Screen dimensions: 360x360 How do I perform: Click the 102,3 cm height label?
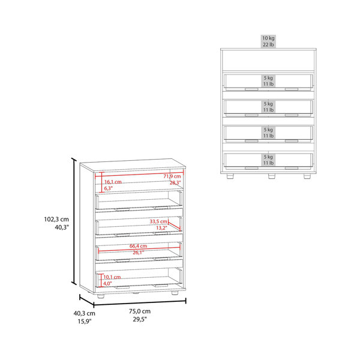[56, 219]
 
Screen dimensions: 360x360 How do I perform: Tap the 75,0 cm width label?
[140, 311]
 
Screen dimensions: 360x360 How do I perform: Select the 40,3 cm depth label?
[84, 313]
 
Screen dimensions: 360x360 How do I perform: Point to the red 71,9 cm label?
[172, 176]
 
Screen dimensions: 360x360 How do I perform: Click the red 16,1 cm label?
[113, 182]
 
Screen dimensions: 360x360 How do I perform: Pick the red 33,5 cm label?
[158, 221]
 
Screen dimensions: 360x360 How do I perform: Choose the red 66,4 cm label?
[138, 246]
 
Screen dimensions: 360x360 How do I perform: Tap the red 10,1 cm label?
[112, 277]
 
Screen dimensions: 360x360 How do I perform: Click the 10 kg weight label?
[268, 38]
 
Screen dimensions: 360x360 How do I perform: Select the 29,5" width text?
[140, 319]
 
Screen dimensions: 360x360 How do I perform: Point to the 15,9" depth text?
[84, 322]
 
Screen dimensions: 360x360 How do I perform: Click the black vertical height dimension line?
[74, 221]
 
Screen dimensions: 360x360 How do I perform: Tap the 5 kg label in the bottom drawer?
[268, 157]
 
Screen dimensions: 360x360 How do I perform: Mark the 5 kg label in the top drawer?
[268, 78]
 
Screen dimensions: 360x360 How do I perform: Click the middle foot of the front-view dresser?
[272, 176]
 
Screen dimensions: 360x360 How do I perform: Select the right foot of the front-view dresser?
[307, 176]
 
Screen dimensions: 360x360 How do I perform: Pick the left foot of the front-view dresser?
[230, 176]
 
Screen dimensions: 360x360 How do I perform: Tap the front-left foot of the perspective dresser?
[100, 296]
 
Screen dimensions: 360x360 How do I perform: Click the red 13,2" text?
[161, 228]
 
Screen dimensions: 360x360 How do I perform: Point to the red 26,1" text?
[139, 253]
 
